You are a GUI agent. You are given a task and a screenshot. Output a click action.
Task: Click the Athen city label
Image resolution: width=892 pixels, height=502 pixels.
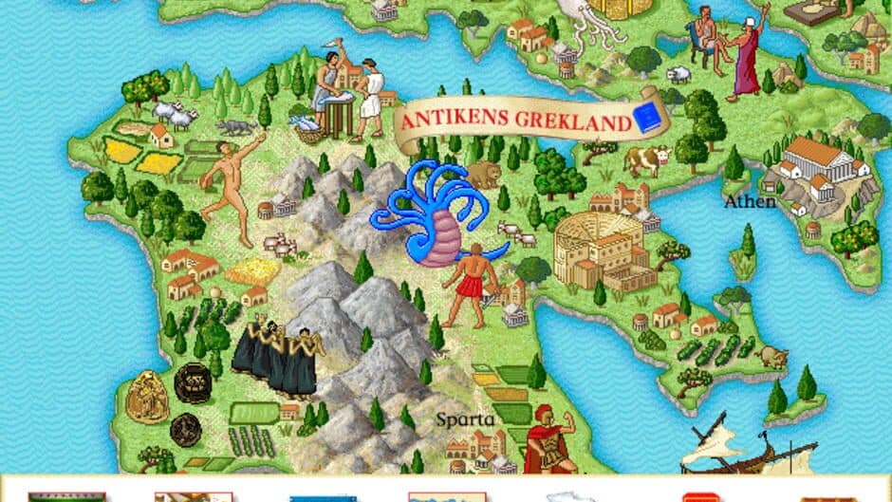pyautogui.click(x=750, y=201)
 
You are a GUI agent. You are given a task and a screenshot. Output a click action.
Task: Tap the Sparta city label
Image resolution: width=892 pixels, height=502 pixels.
pyautogui.click(x=465, y=419)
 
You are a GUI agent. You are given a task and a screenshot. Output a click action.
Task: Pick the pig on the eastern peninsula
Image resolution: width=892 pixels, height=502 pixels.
pyautogui.click(x=774, y=357)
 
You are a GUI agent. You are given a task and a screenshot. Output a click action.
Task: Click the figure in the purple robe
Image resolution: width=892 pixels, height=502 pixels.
pyautogui.click(x=749, y=56)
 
